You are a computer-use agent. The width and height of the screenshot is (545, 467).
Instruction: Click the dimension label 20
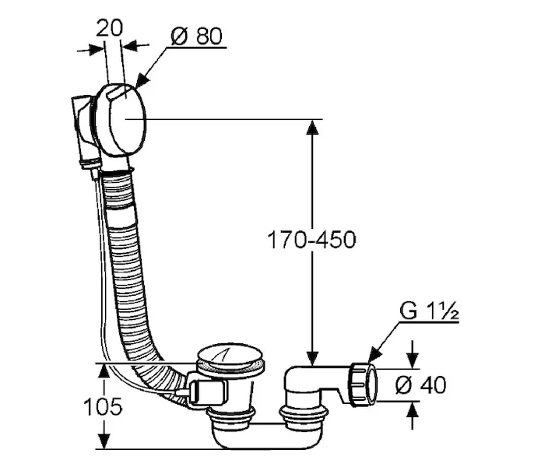[x=109, y=29]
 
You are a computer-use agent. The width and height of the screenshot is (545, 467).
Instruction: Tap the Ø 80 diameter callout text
[x=196, y=36]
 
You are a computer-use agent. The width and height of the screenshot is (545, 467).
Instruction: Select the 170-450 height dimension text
[x=311, y=240]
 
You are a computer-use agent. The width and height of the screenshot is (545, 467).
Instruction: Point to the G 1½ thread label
[x=429, y=311]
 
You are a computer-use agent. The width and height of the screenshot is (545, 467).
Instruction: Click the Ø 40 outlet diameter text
[x=420, y=385]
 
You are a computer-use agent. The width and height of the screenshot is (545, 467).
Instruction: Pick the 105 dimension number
[x=104, y=406]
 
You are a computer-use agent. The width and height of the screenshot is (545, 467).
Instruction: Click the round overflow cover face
[x=128, y=119]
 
